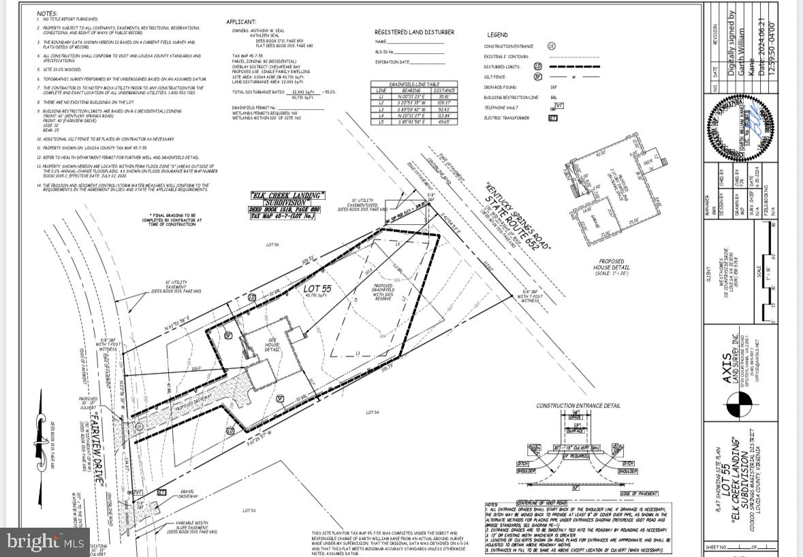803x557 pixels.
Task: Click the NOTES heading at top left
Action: coord(47,13)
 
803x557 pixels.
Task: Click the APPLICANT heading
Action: coord(241,22)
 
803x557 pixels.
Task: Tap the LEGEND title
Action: coord(497,35)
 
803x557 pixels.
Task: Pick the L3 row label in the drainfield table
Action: coord(381,108)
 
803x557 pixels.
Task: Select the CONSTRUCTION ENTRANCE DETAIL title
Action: coord(578,406)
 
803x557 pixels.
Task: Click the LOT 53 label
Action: coord(249,510)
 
